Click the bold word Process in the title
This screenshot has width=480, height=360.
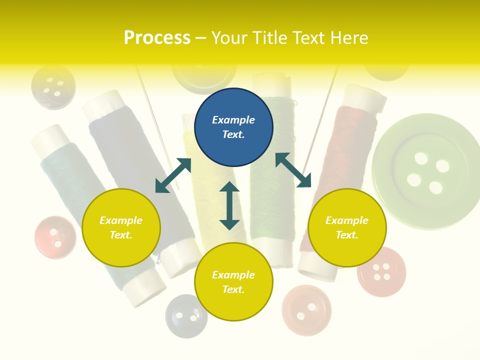pyautogui.click(x=157, y=38)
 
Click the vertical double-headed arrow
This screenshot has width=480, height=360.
pyautogui.click(x=229, y=205)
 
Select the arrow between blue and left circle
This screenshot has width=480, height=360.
pyautogui.click(x=173, y=175)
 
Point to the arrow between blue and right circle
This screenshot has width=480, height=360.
pyautogui.click(x=293, y=170)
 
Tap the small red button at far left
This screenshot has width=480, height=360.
pyautogui.click(x=55, y=237)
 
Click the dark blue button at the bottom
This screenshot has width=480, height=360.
pyautogui.click(x=186, y=316)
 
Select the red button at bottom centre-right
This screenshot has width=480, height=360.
pyautogui.click(x=306, y=310)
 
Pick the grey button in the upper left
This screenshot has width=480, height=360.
pyautogui.click(x=53, y=87)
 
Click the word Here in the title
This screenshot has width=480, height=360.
pyautogui.click(x=349, y=38)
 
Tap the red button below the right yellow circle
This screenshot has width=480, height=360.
pyautogui.click(x=381, y=271)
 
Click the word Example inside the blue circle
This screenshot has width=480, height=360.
pyautogui.click(x=233, y=120)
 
